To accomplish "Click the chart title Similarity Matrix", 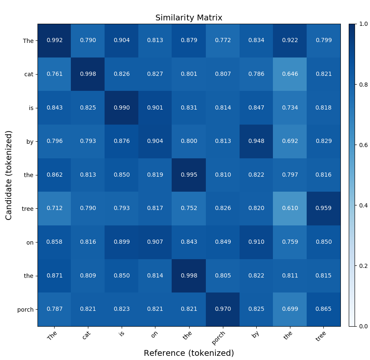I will [189, 18].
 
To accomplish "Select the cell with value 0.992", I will [54, 40].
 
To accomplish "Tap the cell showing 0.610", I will [290, 208].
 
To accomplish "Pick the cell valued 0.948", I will [256, 141].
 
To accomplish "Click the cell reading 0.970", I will [222, 309].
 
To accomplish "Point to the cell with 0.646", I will [290, 74].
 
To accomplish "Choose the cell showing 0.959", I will [324, 208].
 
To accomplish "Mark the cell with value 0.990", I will [122, 108].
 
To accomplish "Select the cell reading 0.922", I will [290, 40].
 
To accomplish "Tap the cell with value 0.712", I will [54, 208].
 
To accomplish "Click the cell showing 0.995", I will [189, 175].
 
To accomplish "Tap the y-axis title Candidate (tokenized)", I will [9, 175].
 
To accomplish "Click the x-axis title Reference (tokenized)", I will [189, 353].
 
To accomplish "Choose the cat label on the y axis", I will [29, 74].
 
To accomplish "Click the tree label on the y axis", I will [28, 208].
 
